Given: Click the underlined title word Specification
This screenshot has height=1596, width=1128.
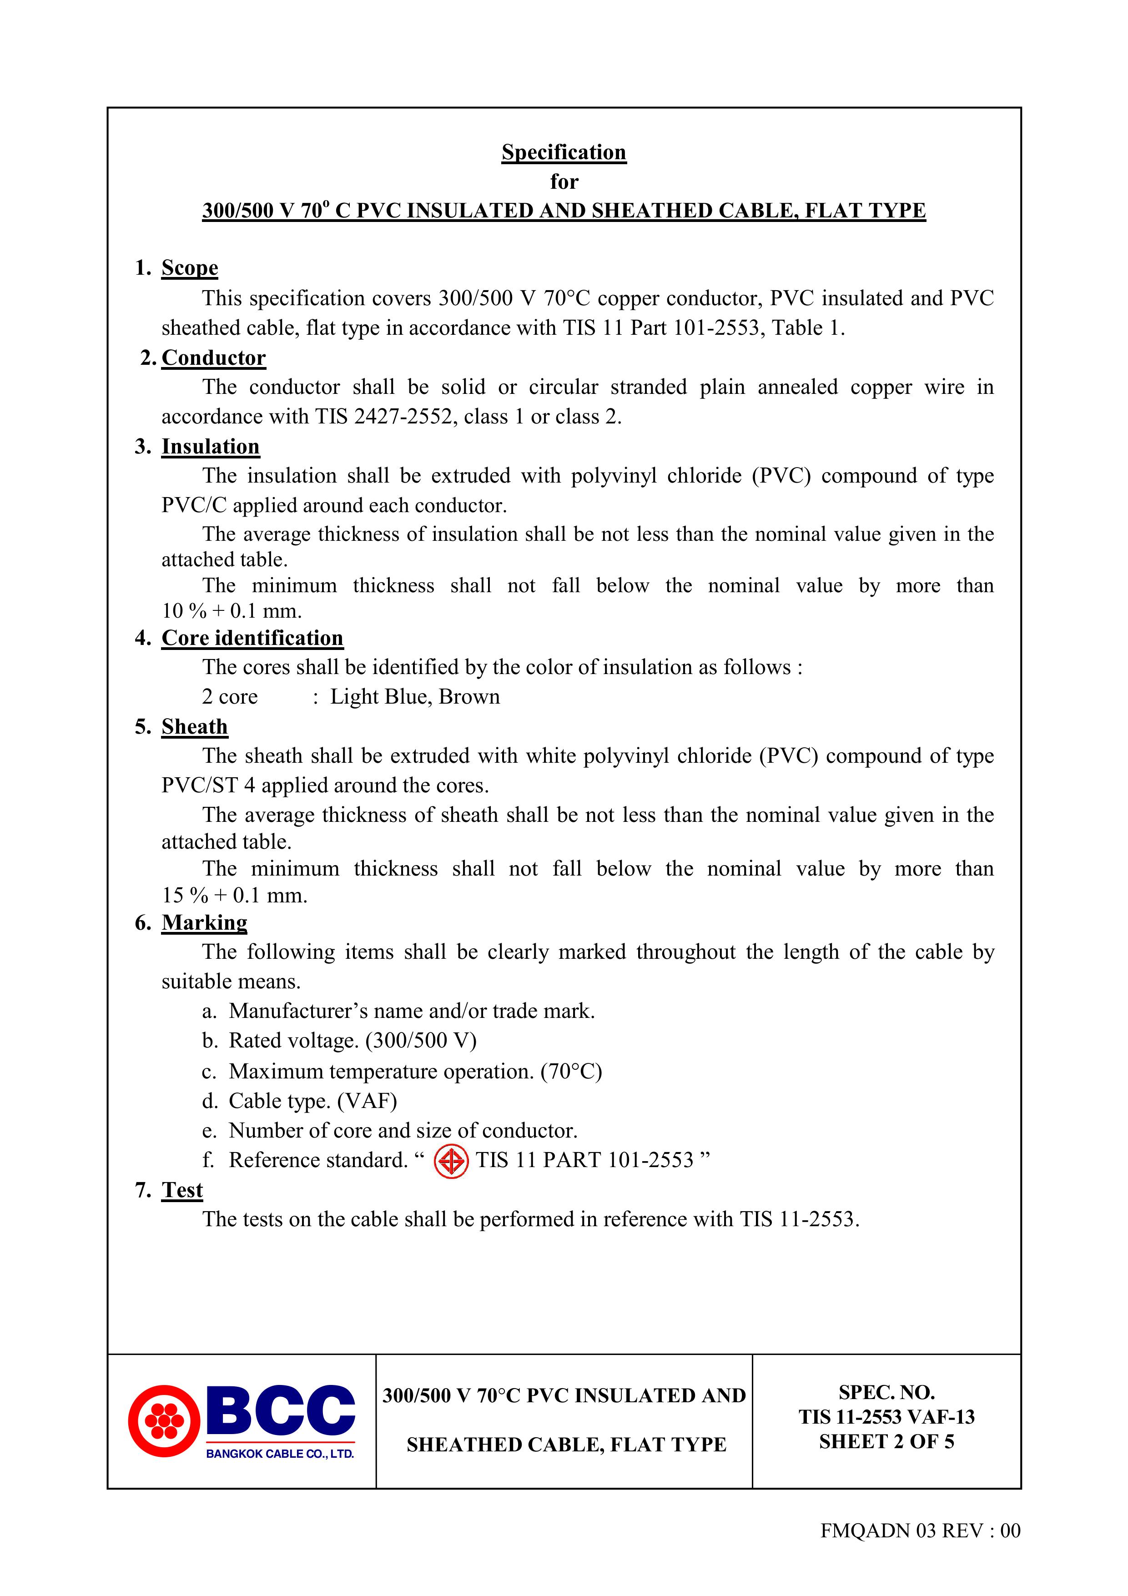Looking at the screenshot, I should (564, 152).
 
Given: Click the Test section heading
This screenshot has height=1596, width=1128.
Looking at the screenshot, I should (182, 1189).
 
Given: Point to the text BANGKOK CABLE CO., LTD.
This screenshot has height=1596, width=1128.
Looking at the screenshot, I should (280, 1454).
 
